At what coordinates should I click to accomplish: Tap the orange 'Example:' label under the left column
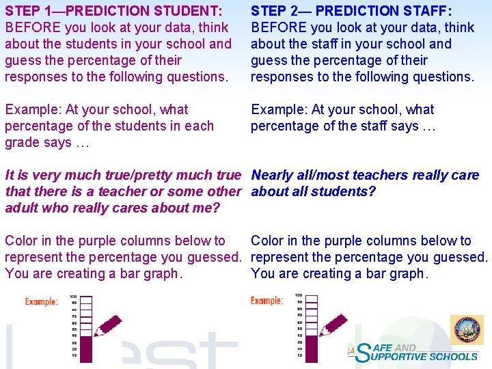click(x=41, y=301)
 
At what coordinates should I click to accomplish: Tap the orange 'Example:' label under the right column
click(x=266, y=301)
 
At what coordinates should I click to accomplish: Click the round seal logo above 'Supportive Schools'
click(x=467, y=331)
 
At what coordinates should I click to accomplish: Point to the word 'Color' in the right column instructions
click(x=269, y=241)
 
